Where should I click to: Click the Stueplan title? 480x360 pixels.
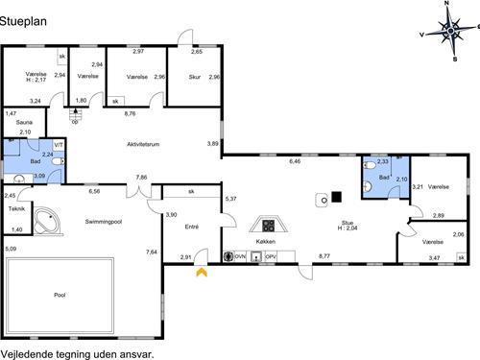(x=23, y=21)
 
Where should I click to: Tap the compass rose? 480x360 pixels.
(x=450, y=31)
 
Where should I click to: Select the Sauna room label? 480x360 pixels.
(x=24, y=122)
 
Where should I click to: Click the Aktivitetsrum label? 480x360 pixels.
(x=143, y=144)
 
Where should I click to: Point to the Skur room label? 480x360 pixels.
(x=195, y=77)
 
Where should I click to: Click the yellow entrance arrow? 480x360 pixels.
(x=202, y=273)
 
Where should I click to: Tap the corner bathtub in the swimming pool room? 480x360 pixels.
(x=47, y=222)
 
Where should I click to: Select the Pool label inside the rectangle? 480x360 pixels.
(x=60, y=295)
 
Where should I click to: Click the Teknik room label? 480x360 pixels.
(x=16, y=208)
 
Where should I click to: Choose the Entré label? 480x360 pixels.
(x=192, y=227)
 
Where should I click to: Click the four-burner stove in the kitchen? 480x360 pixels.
(x=269, y=226)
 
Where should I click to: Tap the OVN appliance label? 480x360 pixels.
(x=240, y=256)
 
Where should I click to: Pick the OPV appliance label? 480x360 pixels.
(x=271, y=256)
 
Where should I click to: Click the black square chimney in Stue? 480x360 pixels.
(x=336, y=197)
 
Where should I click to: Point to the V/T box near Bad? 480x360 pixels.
(x=59, y=145)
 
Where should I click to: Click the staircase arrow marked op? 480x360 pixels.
(x=76, y=114)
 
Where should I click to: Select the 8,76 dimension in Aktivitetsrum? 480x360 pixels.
(x=130, y=113)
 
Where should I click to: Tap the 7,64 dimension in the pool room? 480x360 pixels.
(x=152, y=252)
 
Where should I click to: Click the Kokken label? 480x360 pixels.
(x=266, y=242)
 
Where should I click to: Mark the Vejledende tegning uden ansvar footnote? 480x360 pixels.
(x=77, y=354)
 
